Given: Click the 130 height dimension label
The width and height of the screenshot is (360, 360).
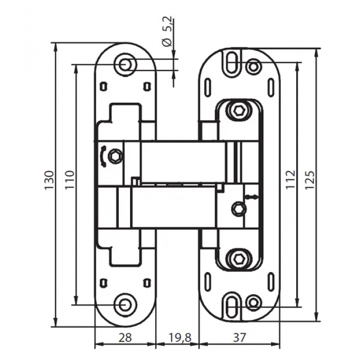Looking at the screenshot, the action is pos(49,180).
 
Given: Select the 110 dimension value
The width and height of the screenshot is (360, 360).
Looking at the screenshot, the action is pos(70,179).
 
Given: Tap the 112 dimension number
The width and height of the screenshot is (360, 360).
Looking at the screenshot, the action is pos(290,179).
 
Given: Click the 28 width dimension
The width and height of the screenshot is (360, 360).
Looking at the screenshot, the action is pos(125,337).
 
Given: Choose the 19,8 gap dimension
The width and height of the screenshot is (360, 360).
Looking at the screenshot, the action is pos(180,338).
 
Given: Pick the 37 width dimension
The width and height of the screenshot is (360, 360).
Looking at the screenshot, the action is pos(240,337).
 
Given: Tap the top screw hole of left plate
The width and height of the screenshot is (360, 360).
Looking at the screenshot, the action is pos(125,64).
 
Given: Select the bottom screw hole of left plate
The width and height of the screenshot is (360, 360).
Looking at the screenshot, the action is pos(125,304).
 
